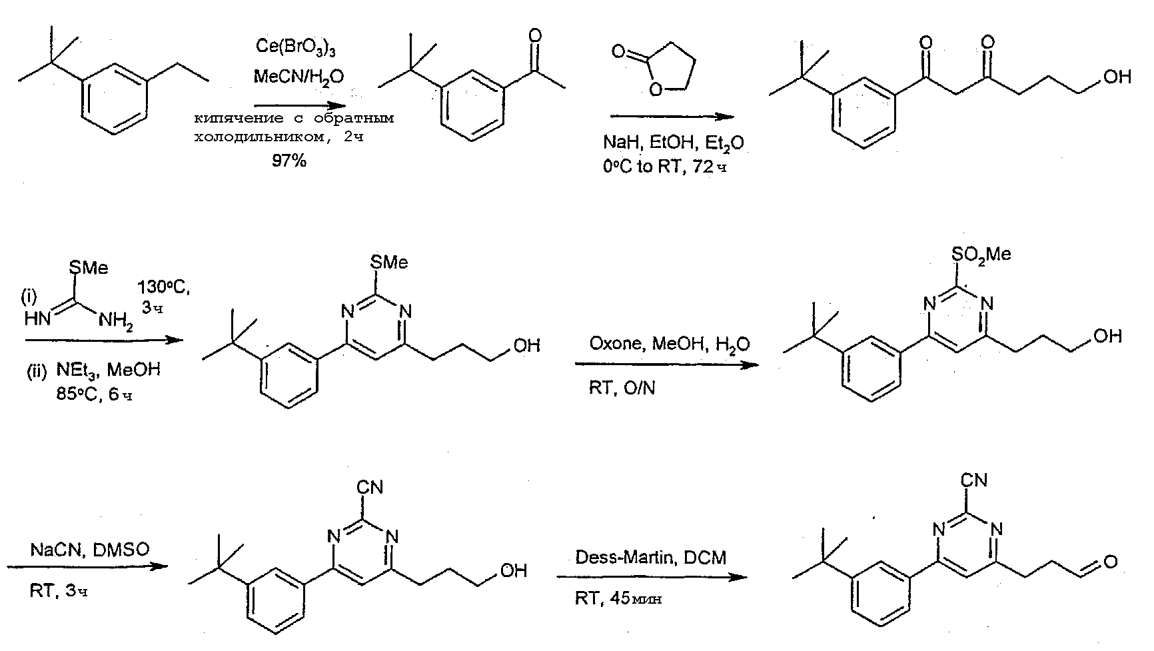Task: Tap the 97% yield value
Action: click(289, 160)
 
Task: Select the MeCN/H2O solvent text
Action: click(298, 77)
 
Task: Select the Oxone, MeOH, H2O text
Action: click(669, 344)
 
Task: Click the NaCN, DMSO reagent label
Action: click(89, 550)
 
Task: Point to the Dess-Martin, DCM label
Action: click(651, 557)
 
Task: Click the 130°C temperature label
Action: click(163, 288)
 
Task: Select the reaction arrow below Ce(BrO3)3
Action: click(300, 106)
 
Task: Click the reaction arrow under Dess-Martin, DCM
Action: click(653, 577)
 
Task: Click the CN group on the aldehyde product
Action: click(975, 479)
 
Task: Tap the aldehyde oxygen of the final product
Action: click(1110, 563)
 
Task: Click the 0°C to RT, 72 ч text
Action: click(664, 166)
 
